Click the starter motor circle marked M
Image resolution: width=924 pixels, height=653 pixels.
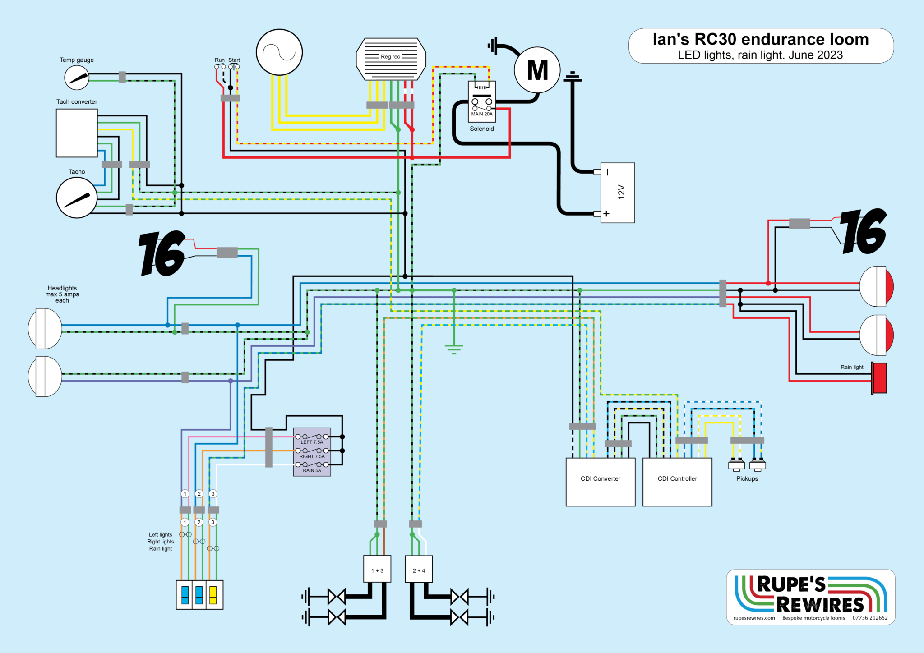[537, 70]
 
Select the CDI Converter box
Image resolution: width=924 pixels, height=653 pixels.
[600, 482]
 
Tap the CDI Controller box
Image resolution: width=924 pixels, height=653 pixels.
[677, 482]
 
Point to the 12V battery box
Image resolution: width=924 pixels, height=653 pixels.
[618, 193]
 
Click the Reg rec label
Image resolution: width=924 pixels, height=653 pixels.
[390, 57]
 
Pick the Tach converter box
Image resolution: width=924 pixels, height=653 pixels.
[77, 133]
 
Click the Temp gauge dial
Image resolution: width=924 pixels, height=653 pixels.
[77, 78]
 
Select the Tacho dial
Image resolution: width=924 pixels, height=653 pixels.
[77, 198]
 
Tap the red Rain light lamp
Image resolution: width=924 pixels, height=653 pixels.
[879, 377]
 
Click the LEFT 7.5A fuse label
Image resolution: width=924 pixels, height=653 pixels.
[312, 442]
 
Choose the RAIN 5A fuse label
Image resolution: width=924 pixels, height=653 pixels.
[312, 470]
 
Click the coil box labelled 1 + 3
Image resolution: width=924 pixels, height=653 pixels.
[377, 569]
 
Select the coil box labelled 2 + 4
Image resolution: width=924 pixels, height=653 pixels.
[419, 569]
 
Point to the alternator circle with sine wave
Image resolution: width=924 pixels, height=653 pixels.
[279, 52]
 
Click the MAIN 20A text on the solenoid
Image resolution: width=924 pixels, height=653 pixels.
[482, 114]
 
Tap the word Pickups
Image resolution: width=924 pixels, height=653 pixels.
[747, 478]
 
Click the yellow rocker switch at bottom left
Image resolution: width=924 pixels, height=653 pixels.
[213, 595]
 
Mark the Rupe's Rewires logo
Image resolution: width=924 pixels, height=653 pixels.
[811, 594]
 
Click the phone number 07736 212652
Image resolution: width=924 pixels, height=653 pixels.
[870, 618]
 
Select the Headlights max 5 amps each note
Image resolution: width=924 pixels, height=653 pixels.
[62, 294]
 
